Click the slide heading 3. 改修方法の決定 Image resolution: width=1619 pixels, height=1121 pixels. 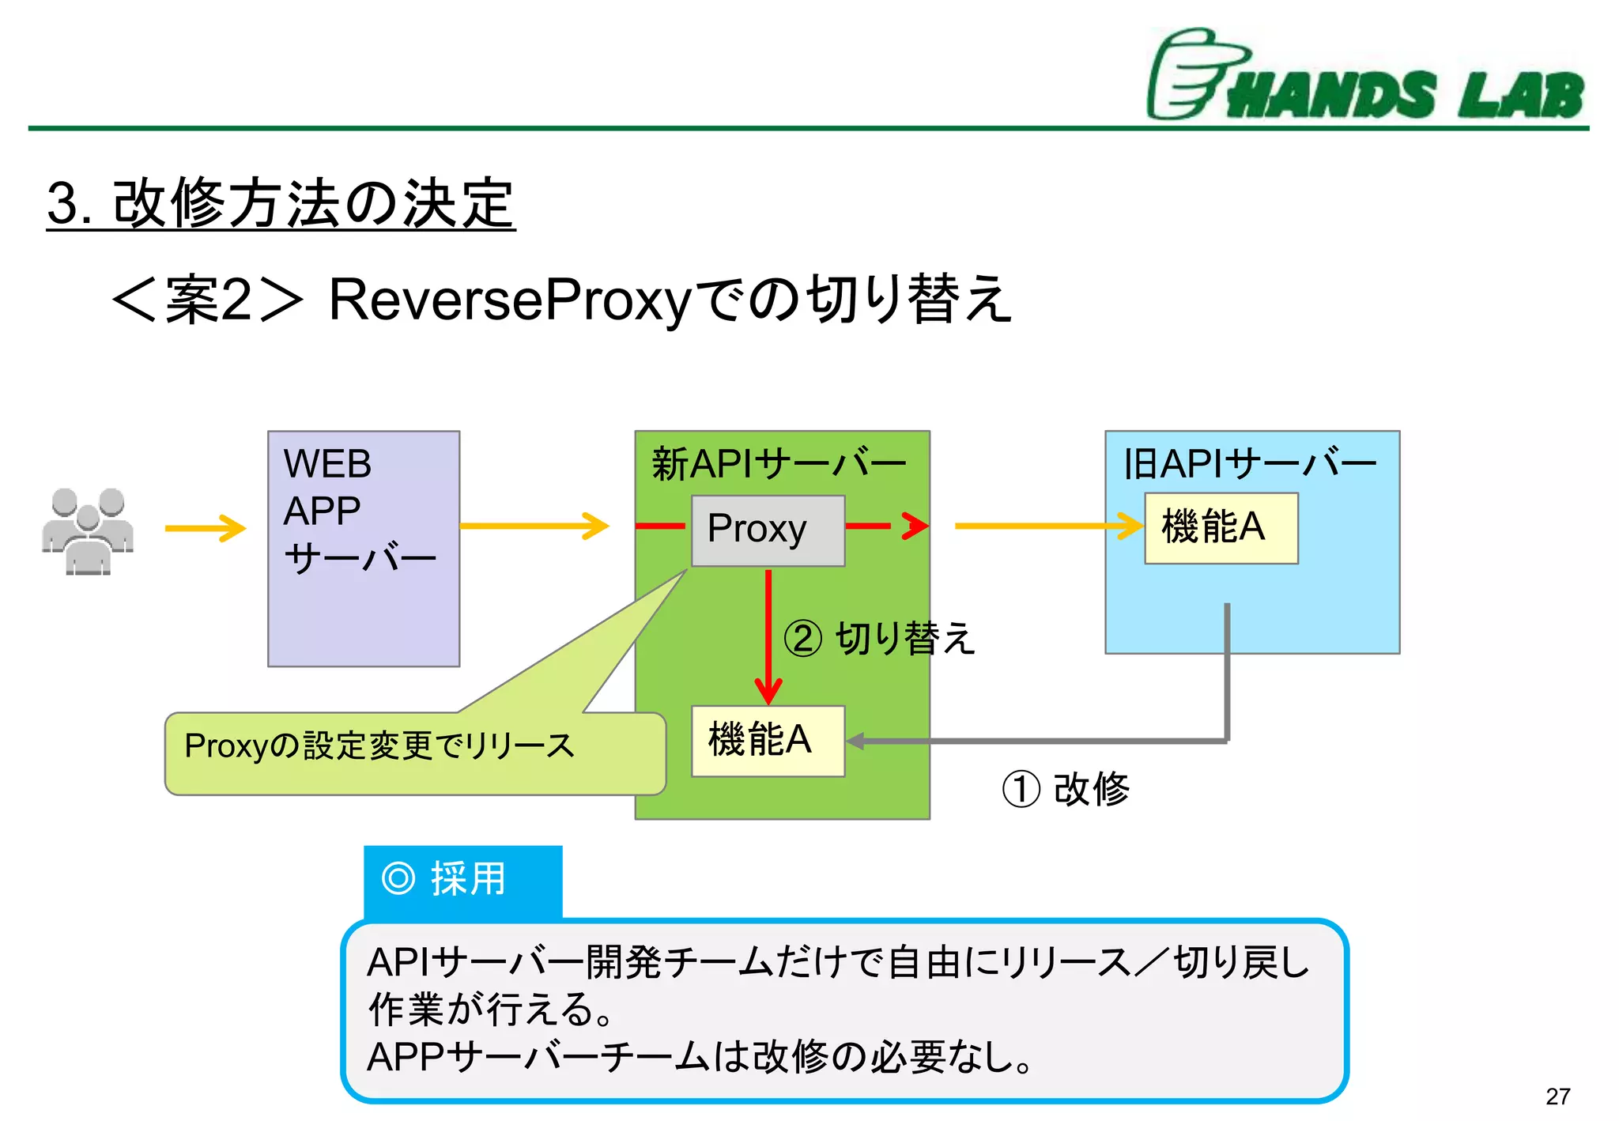pyautogui.click(x=281, y=204)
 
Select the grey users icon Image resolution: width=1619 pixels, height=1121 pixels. pyautogui.click(x=88, y=530)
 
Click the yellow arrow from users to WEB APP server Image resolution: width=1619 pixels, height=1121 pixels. pyautogui.click(x=206, y=528)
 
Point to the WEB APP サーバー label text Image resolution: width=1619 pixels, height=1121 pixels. pyautogui.click(x=356, y=511)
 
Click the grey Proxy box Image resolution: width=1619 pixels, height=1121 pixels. pyautogui.click(x=768, y=530)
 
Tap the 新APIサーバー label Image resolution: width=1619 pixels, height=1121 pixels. pyautogui.click(x=778, y=464)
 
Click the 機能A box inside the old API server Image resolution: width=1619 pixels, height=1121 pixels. pyautogui.click(x=1221, y=528)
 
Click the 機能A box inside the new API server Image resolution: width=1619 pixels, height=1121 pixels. pyautogui.click(x=768, y=741)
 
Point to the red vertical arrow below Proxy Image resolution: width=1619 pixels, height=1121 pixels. pyautogui.click(x=768, y=632)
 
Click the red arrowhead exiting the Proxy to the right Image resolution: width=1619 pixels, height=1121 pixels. pyautogui.click(x=915, y=526)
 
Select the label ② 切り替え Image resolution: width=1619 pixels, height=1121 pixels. pyautogui.click(x=879, y=639)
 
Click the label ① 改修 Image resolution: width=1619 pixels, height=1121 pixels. pyautogui.click(x=1066, y=789)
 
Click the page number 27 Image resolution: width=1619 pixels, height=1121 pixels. pyautogui.click(x=1557, y=1096)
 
